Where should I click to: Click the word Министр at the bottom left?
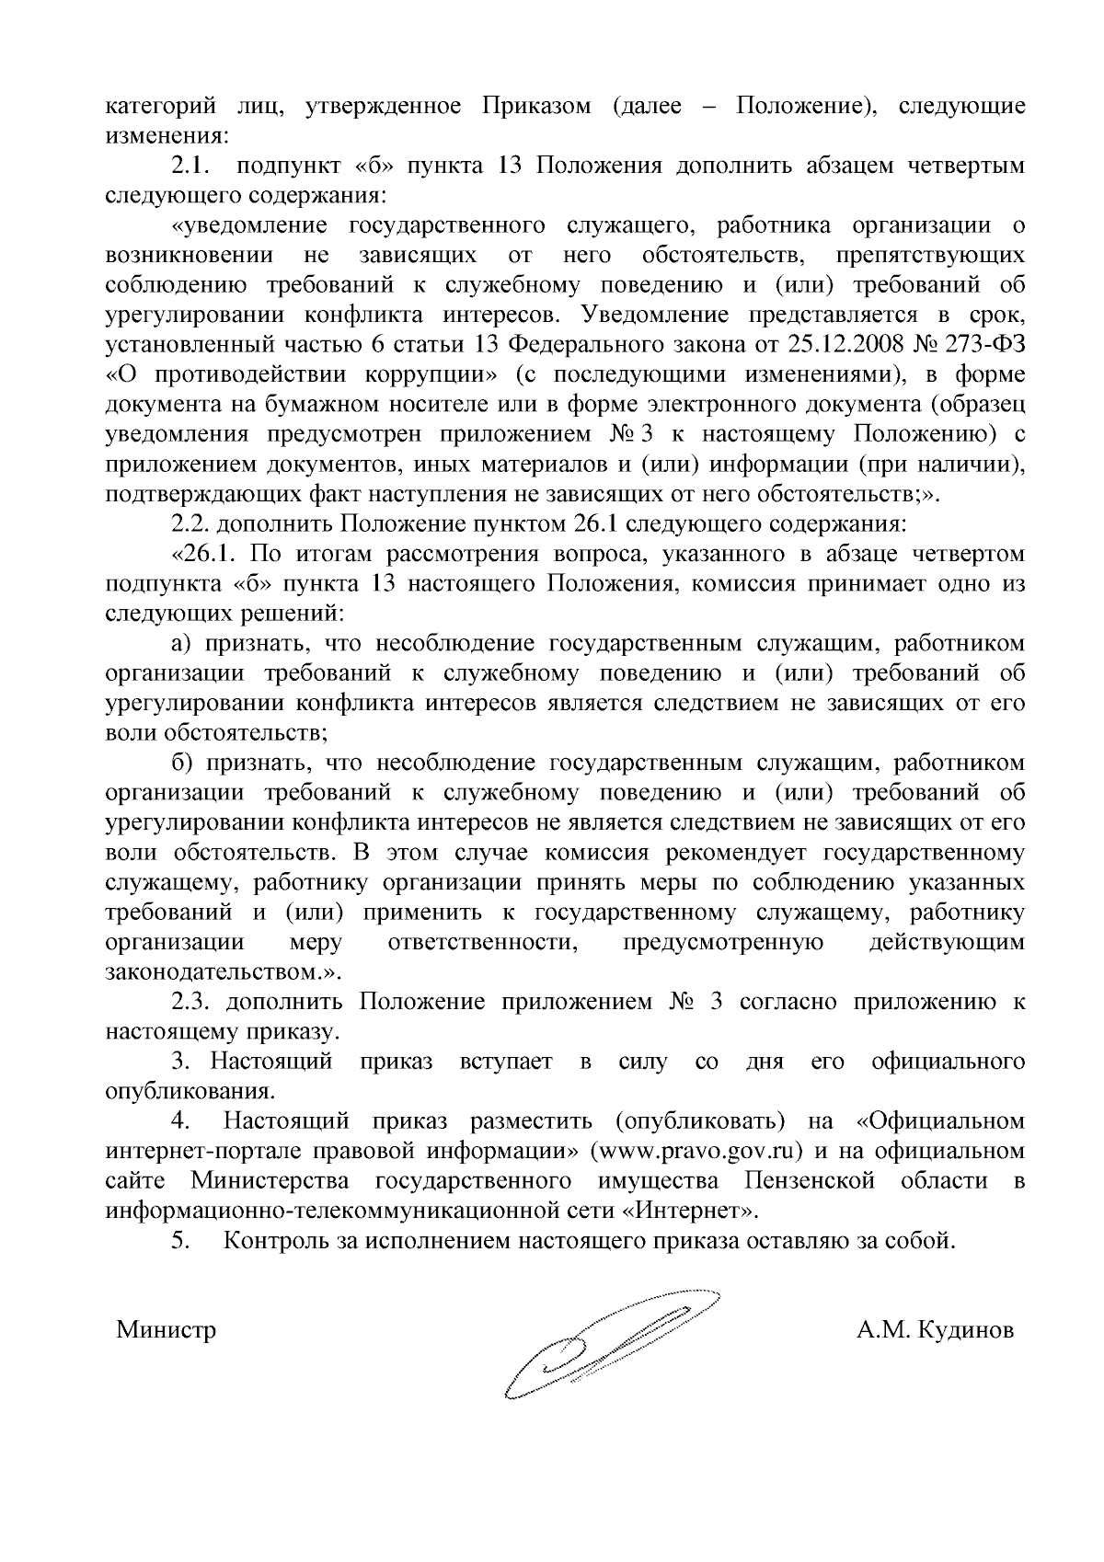166,1330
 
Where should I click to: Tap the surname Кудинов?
966,1330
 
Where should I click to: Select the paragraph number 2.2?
190,524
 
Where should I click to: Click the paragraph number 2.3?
190,1002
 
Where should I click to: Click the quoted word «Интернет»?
694,1211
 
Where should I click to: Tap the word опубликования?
191,1092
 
